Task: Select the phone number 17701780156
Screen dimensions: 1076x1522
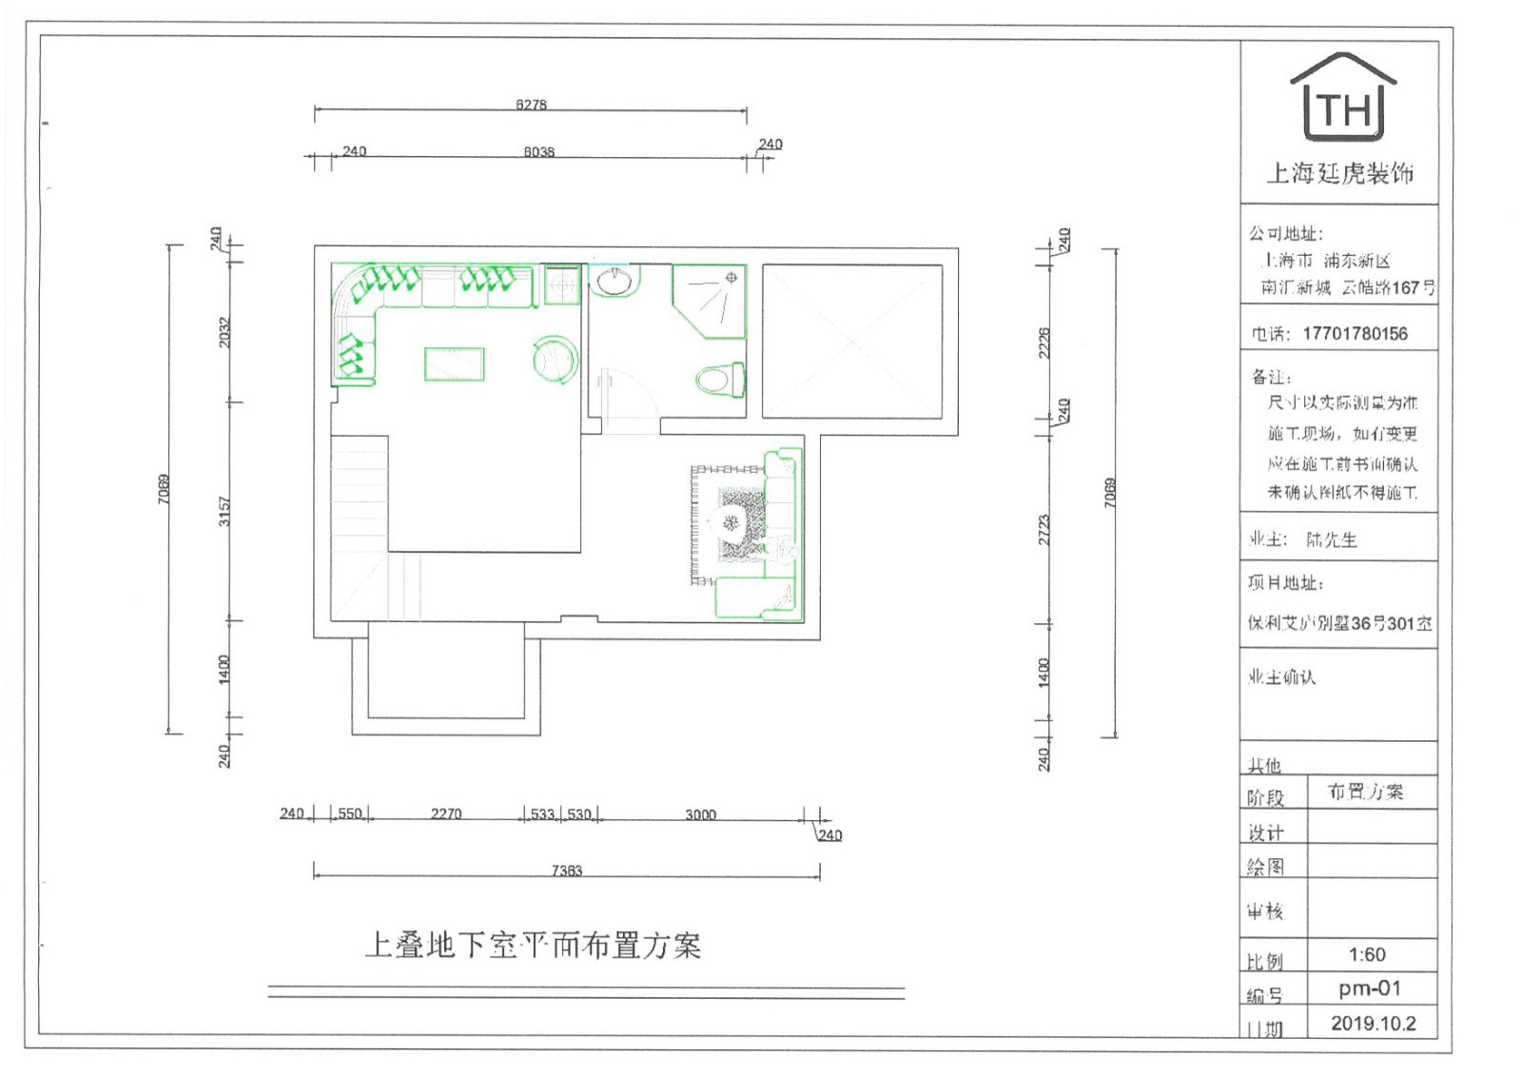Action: [1355, 334]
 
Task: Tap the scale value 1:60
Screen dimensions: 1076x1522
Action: [1367, 955]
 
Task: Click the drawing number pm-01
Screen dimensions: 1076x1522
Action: [1370, 988]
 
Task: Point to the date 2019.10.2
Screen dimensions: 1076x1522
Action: [1373, 1024]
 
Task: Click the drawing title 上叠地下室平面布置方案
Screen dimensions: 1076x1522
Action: [533, 946]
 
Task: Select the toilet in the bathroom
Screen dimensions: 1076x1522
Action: [720, 381]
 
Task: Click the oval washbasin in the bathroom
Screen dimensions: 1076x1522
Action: [615, 281]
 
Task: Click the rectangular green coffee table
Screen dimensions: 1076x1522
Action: [454, 364]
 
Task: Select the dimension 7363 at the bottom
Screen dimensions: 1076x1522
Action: [567, 871]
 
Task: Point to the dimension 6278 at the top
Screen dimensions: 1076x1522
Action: [531, 105]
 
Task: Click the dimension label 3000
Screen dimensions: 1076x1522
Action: [700, 814]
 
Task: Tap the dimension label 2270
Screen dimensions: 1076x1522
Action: [446, 813]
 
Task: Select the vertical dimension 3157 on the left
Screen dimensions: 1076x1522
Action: [224, 511]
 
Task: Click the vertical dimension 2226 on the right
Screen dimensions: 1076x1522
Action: [1044, 342]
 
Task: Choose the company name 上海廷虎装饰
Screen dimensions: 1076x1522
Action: [1339, 173]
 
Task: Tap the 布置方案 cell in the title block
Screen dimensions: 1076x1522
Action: [1365, 792]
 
